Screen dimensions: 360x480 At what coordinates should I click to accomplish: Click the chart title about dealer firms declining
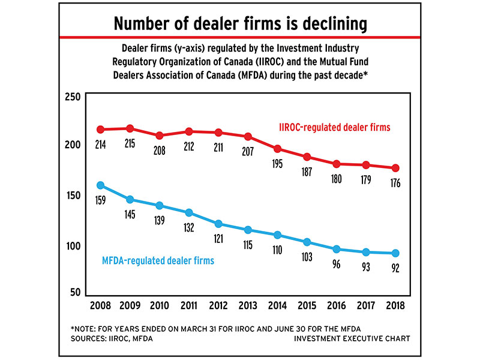click(x=240, y=24)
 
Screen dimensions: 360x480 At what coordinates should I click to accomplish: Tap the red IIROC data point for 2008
click(x=101, y=130)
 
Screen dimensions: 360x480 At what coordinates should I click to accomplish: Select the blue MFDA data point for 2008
click(x=101, y=185)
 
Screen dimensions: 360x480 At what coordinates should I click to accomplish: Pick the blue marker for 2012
click(x=218, y=224)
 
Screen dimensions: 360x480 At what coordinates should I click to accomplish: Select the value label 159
click(x=101, y=200)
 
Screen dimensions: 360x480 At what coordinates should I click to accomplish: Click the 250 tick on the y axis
click(x=72, y=98)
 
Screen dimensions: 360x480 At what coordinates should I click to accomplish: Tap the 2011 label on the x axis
click(x=189, y=306)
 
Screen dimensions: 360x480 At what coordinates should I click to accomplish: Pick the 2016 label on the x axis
click(x=337, y=306)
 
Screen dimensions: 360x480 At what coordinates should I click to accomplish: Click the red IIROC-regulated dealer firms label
click(x=335, y=127)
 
